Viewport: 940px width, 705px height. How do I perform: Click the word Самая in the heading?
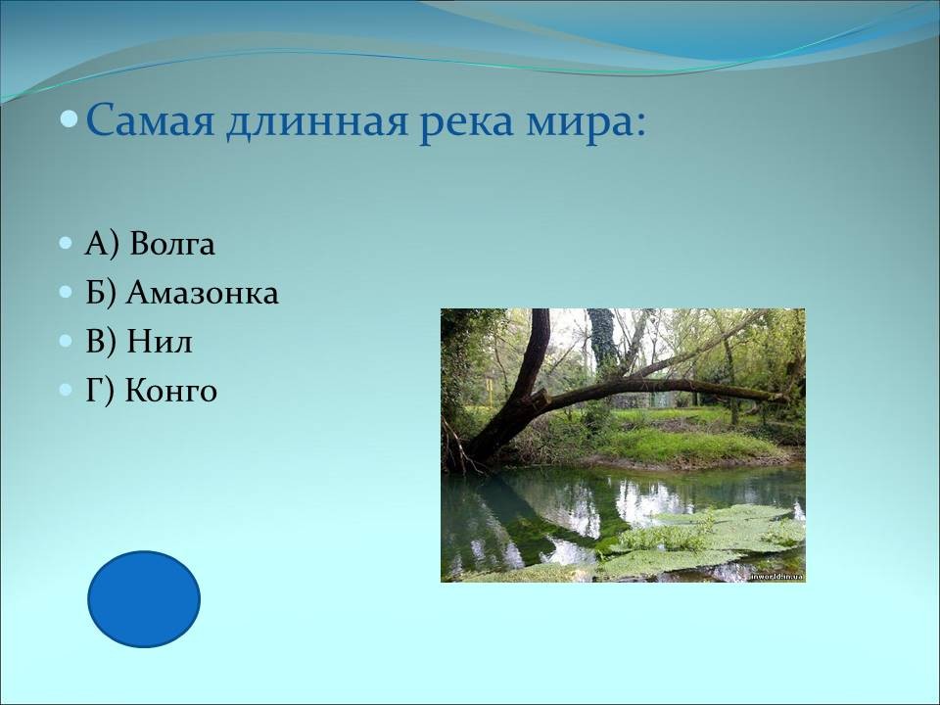click(x=151, y=120)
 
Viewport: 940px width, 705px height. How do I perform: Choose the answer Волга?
click(x=172, y=244)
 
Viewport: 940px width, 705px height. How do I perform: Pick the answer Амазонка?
click(x=202, y=293)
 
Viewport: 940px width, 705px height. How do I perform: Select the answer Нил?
click(x=160, y=342)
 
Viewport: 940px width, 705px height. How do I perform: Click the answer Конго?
click(x=170, y=391)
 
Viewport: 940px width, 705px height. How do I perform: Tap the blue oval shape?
click(x=144, y=599)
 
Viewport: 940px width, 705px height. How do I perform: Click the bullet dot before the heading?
click(x=70, y=118)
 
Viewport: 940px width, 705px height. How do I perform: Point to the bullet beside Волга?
click(x=66, y=244)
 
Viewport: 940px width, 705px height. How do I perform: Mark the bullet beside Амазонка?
click(x=66, y=293)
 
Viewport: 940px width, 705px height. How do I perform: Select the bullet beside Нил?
click(x=66, y=341)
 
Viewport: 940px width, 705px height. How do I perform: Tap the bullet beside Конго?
click(x=66, y=391)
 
